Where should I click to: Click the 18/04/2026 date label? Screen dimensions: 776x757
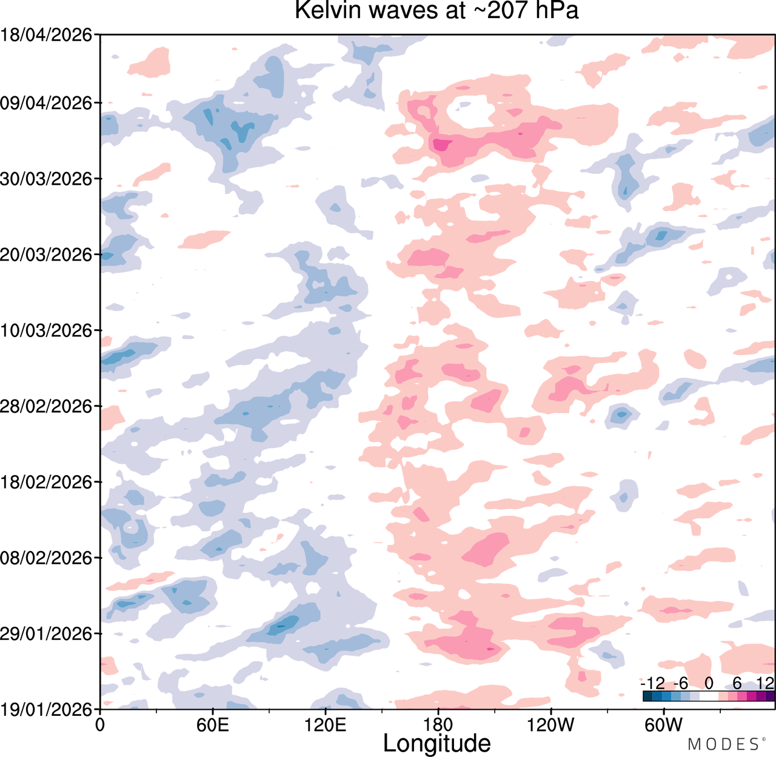(46, 35)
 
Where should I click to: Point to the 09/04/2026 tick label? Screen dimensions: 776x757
(46, 103)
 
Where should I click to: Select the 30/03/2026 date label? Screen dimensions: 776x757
(46, 179)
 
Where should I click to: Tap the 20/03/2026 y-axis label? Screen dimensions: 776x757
(46, 255)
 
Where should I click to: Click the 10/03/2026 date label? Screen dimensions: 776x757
(46, 330)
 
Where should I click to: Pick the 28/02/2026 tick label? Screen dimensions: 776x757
(46, 407)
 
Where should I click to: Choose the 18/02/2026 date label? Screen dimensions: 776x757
(46, 482)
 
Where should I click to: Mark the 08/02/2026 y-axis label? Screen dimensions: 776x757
(46, 558)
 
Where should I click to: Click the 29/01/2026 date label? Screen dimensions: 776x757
(46, 634)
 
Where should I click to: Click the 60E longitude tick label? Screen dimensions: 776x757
(213, 725)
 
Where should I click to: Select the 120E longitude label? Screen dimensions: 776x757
(326, 725)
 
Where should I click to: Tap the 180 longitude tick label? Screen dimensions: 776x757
(438, 725)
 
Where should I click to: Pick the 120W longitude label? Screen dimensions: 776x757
(550, 725)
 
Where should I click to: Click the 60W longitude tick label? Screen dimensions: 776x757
(664, 725)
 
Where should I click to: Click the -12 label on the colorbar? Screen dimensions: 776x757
(652, 684)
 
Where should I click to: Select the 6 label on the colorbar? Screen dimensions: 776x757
(737, 684)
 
